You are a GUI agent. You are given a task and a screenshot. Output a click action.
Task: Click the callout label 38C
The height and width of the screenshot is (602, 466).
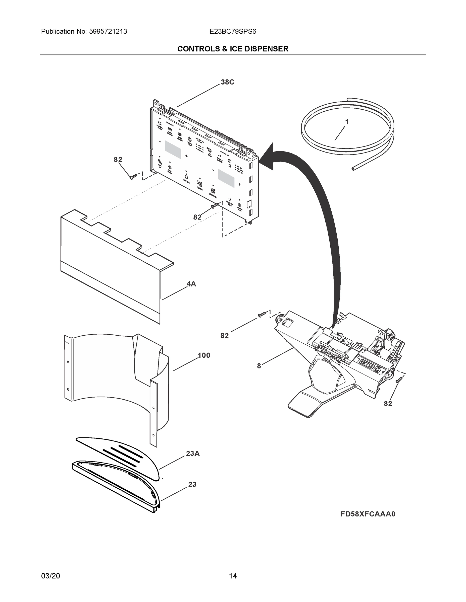point(228,82)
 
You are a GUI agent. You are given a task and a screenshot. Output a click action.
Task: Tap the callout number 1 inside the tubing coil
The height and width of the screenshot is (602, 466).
point(347,122)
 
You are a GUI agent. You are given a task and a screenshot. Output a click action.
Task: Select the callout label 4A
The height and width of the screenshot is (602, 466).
point(191,284)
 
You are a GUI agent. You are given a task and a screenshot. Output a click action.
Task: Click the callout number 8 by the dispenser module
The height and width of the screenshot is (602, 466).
point(259,366)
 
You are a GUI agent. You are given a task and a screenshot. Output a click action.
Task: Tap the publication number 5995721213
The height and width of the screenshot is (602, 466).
point(108,31)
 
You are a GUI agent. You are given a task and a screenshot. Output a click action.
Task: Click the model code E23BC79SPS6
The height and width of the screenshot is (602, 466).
point(233,31)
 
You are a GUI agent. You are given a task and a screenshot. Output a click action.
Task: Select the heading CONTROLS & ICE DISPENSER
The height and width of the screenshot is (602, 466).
point(233,49)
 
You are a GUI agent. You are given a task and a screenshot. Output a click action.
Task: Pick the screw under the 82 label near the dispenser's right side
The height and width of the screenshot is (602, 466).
point(398,381)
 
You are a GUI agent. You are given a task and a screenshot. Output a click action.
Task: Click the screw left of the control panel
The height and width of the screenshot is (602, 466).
point(133,176)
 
